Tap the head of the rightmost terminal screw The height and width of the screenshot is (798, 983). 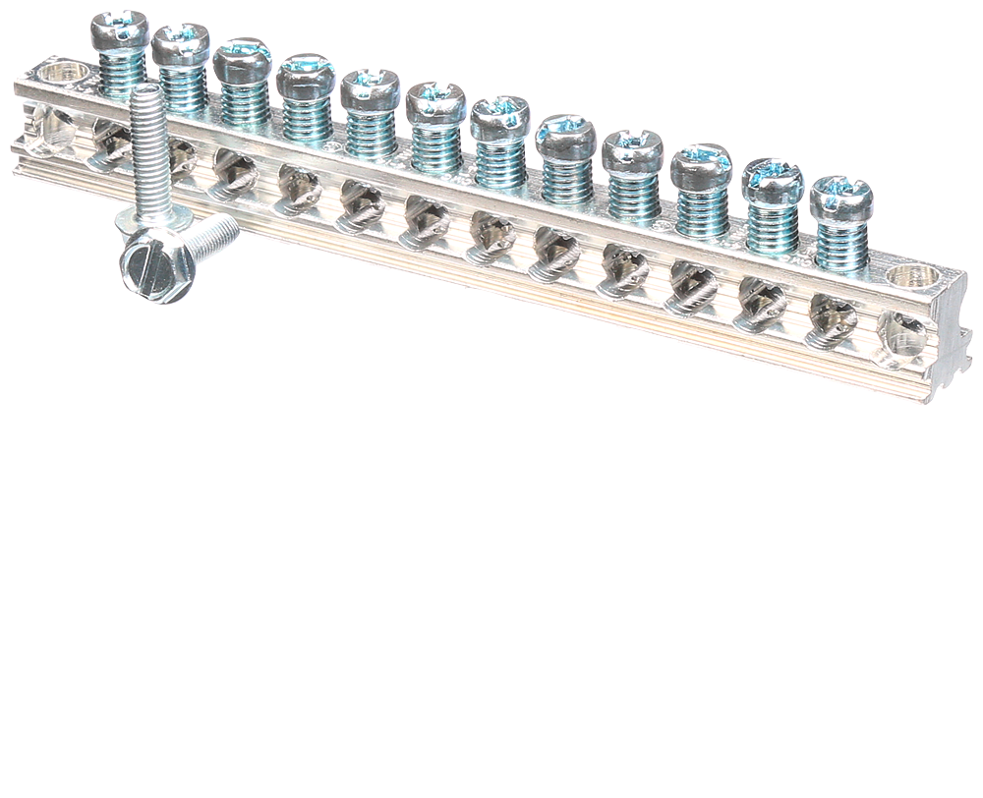pyautogui.click(x=841, y=197)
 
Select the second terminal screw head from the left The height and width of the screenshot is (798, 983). pyautogui.click(x=180, y=44)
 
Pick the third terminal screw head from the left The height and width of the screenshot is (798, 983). pyautogui.click(x=242, y=58)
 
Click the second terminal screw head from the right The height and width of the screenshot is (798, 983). pyautogui.click(x=772, y=180)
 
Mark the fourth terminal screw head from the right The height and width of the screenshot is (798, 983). pyautogui.click(x=632, y=149)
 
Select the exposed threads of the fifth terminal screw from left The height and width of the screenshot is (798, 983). pyautogui.click(x=371, y=133)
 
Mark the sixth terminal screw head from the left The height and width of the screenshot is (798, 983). pyautogui.click(x=435, y=102)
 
